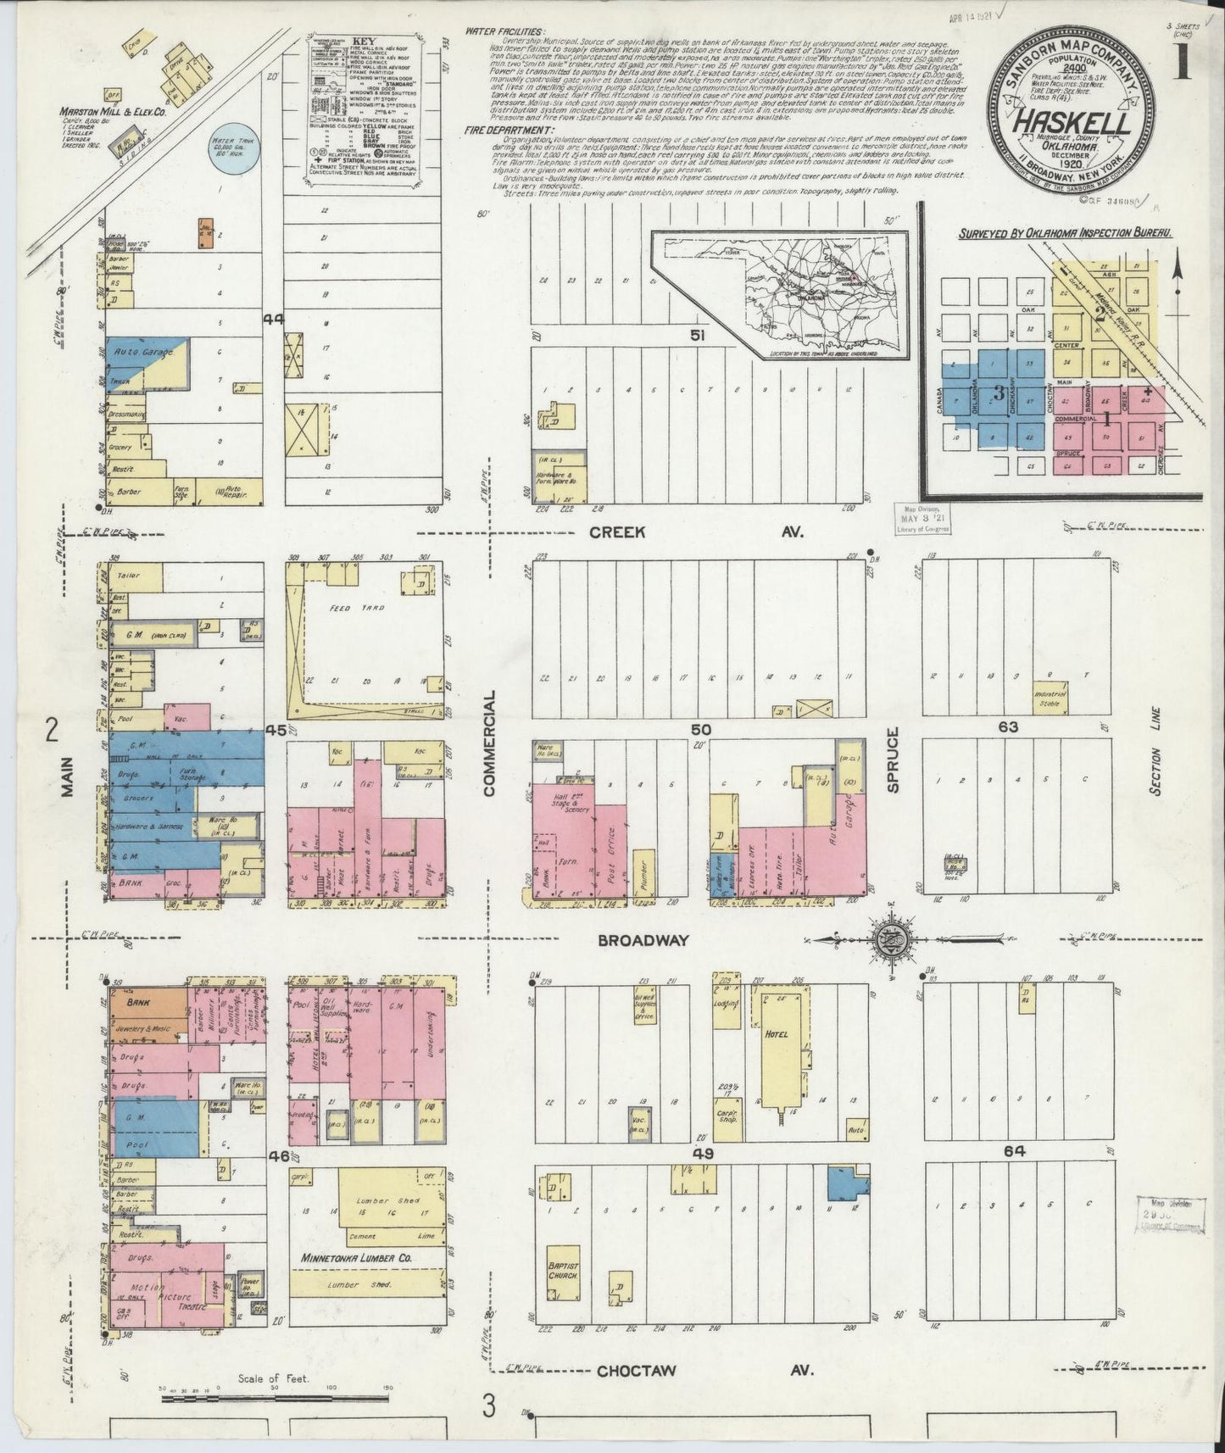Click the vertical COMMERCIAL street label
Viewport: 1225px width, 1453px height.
pos(488,742)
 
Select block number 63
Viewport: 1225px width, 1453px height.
pos(1009,726)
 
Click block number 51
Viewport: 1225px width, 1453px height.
pos(698,336)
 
